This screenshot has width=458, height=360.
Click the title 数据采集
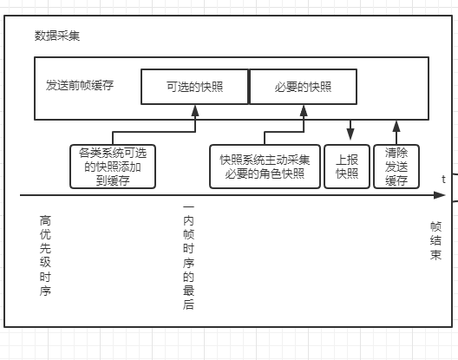click(x=57, y=36)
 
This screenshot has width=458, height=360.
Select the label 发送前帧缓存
click(x=80, y=85)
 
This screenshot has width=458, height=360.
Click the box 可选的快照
click(x=194, y=87)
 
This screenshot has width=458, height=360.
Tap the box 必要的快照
click(x=304, y=87)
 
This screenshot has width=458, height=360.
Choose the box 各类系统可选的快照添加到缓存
click(x=113, y=167)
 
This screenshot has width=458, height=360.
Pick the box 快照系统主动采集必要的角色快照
click(x=265, y=167)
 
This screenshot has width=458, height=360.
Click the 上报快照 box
click(x=347, y=167)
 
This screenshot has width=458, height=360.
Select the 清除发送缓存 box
click(x=396, y=167)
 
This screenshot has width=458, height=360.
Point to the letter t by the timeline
click(x=444, y=180)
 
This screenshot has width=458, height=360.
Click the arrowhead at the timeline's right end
click(x=440, y=195)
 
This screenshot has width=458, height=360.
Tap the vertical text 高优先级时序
click(x=45, y=256)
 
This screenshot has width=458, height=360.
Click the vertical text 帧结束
click(x=435, y=241)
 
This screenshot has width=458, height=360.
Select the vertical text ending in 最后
click(x=188, y=256)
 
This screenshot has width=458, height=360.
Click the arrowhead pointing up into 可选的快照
click(x=195, y=111)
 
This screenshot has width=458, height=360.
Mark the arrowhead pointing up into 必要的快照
click(x=304, y=111)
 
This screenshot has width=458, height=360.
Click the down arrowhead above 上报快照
click(x=350, y=134)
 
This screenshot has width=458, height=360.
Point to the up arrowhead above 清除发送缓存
click(x=396, y=127)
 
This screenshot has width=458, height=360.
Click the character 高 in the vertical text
click(x=45, y=220)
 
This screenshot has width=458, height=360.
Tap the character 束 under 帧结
click(x=435, y=255)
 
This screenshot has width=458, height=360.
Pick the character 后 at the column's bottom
click(x=188, y=304)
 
